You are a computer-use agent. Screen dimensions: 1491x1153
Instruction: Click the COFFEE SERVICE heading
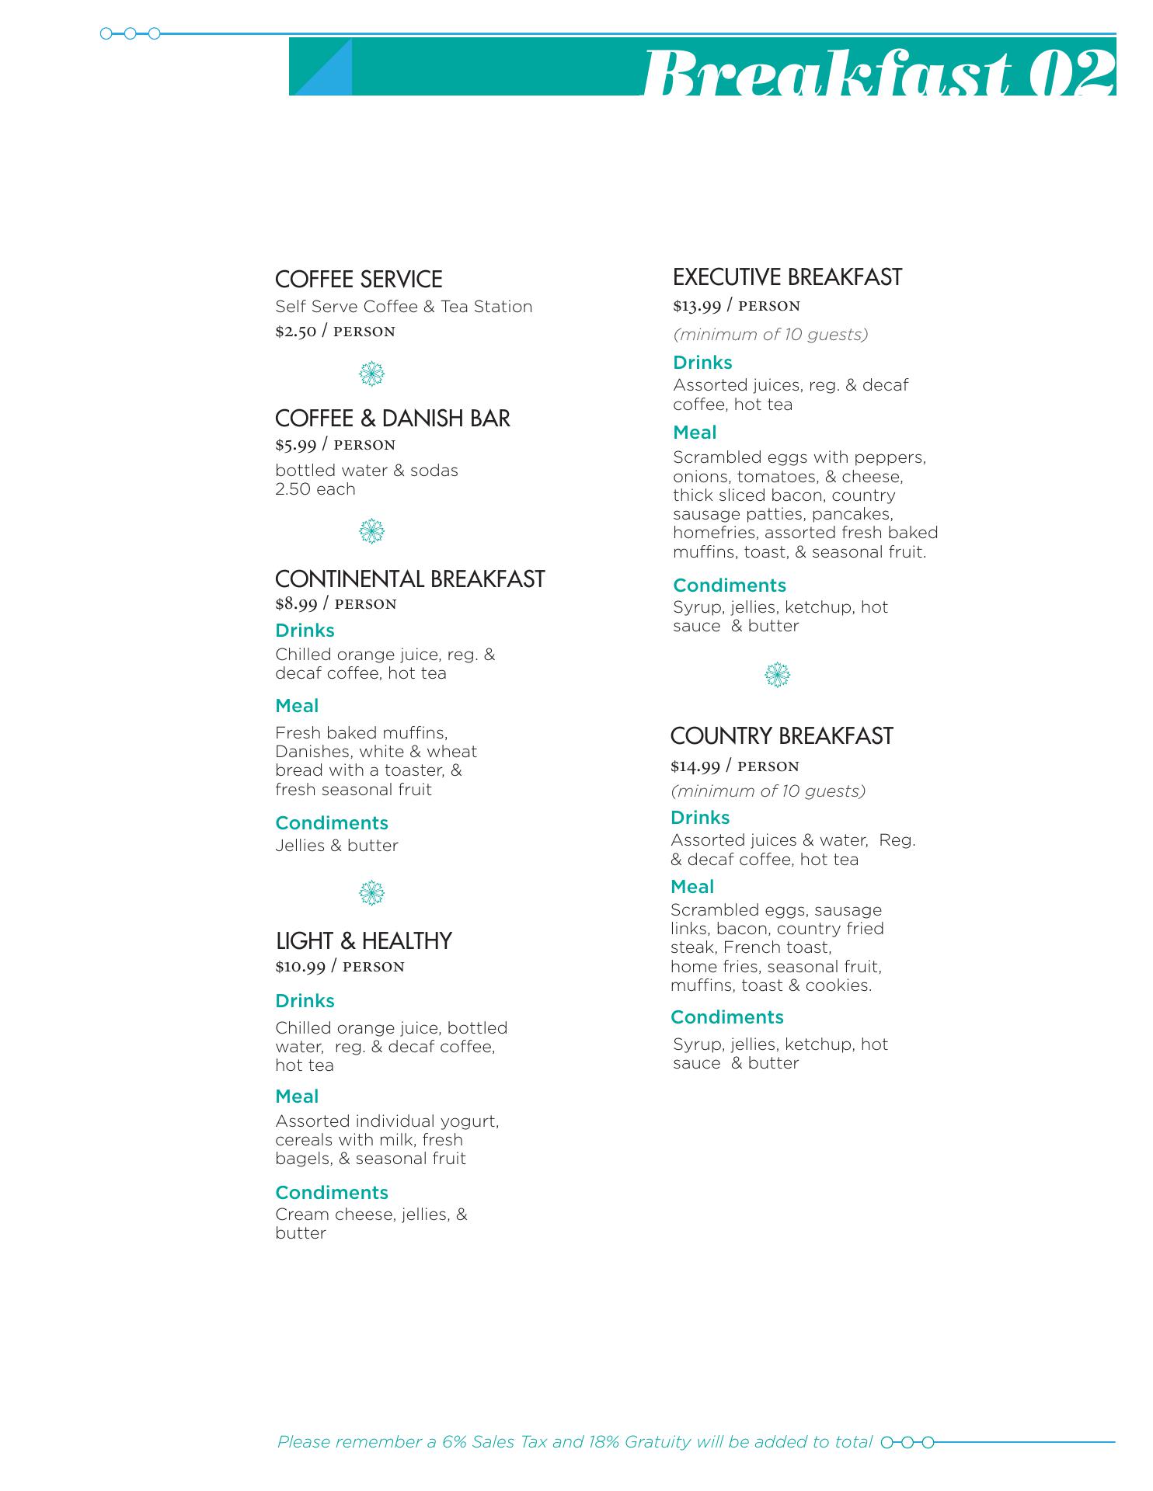tap(358, 280)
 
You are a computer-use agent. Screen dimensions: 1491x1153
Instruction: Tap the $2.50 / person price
tap(335, 332)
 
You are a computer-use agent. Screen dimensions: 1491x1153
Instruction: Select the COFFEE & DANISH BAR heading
tap(392, 419)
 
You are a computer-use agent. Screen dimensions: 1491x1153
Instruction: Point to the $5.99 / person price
tap(335, 445)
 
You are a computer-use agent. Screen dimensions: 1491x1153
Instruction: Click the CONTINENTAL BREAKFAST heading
tap(409, 579)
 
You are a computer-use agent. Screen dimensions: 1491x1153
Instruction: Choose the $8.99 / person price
tap(336, 604)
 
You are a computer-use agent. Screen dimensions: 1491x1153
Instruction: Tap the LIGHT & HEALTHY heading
tap(364, 941)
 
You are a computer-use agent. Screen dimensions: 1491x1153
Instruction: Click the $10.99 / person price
tap(340, 967)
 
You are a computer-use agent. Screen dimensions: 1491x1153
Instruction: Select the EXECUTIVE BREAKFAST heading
tap(787, 277)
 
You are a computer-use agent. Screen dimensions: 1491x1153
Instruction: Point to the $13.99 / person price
tap(737, 306)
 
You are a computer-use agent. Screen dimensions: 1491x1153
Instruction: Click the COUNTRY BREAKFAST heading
tap(782, 736)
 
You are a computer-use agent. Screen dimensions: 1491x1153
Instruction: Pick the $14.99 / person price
tap(735, 766)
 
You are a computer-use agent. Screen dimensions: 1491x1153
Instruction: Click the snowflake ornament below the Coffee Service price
tap(372, 375)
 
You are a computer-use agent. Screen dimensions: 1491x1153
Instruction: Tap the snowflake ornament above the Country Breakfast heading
tap(777, 675)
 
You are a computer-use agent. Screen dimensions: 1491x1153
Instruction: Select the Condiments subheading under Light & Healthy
tap(331, 1193)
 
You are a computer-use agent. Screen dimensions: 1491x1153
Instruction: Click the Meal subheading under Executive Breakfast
tap(695, 433)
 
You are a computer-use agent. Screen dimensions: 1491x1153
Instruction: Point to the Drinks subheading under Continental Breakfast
tap(305, 631)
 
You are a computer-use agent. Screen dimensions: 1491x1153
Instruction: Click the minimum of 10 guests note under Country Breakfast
tap(768, 791)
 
